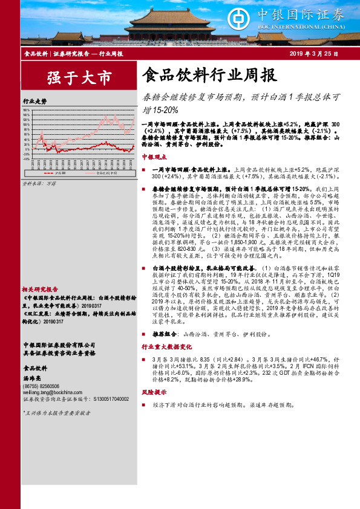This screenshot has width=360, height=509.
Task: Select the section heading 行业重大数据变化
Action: coord(167,348)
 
